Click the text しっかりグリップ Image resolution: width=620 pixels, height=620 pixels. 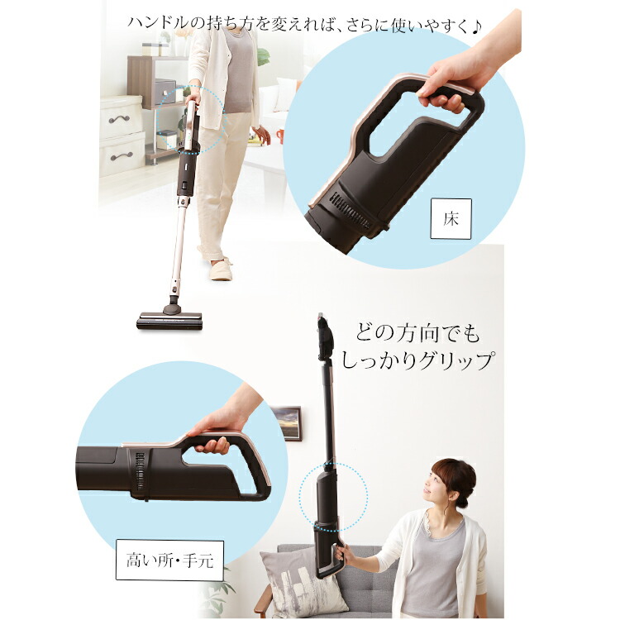(x=424, y=360)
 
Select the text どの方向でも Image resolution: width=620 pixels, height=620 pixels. (x=417, y=334)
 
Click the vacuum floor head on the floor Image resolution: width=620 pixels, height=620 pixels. (x=169, y=319)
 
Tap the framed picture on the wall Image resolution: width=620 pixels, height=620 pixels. (x=287, y=422)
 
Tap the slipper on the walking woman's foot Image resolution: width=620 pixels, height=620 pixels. (x=221, y=269)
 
